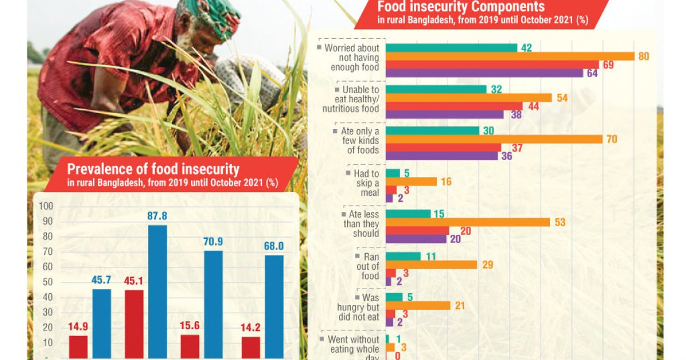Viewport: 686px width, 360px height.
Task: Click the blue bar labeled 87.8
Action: tap(157, 291)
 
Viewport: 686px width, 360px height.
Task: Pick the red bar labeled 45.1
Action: tap(134, 323)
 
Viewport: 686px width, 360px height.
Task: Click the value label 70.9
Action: tap(213, 242)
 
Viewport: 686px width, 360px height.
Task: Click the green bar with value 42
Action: tap(451, 47)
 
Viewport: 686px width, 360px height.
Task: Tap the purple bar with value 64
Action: tap(484, 73)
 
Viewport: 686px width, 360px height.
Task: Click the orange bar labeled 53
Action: tap(468, 222)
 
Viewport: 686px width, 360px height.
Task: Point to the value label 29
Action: tap(487, 265)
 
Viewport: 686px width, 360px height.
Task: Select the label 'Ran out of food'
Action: tap(367, 266)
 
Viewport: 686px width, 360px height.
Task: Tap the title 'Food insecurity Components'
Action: tap(461, 7)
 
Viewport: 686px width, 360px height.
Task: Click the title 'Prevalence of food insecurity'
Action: tap(153, 169)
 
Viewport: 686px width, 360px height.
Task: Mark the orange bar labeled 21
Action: tap(418, 306)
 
